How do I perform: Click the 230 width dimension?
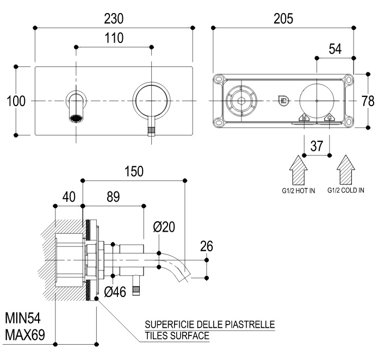point(114,18)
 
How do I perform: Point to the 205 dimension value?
point(283,18)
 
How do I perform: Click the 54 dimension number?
point(336,49)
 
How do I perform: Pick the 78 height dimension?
point(369,101)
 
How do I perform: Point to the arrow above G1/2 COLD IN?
point(345,170)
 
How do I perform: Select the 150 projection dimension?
point(133,171)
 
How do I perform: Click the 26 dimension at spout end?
point(206,247)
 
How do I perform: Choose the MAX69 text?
point(24,335)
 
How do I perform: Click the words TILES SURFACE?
point(177,336)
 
